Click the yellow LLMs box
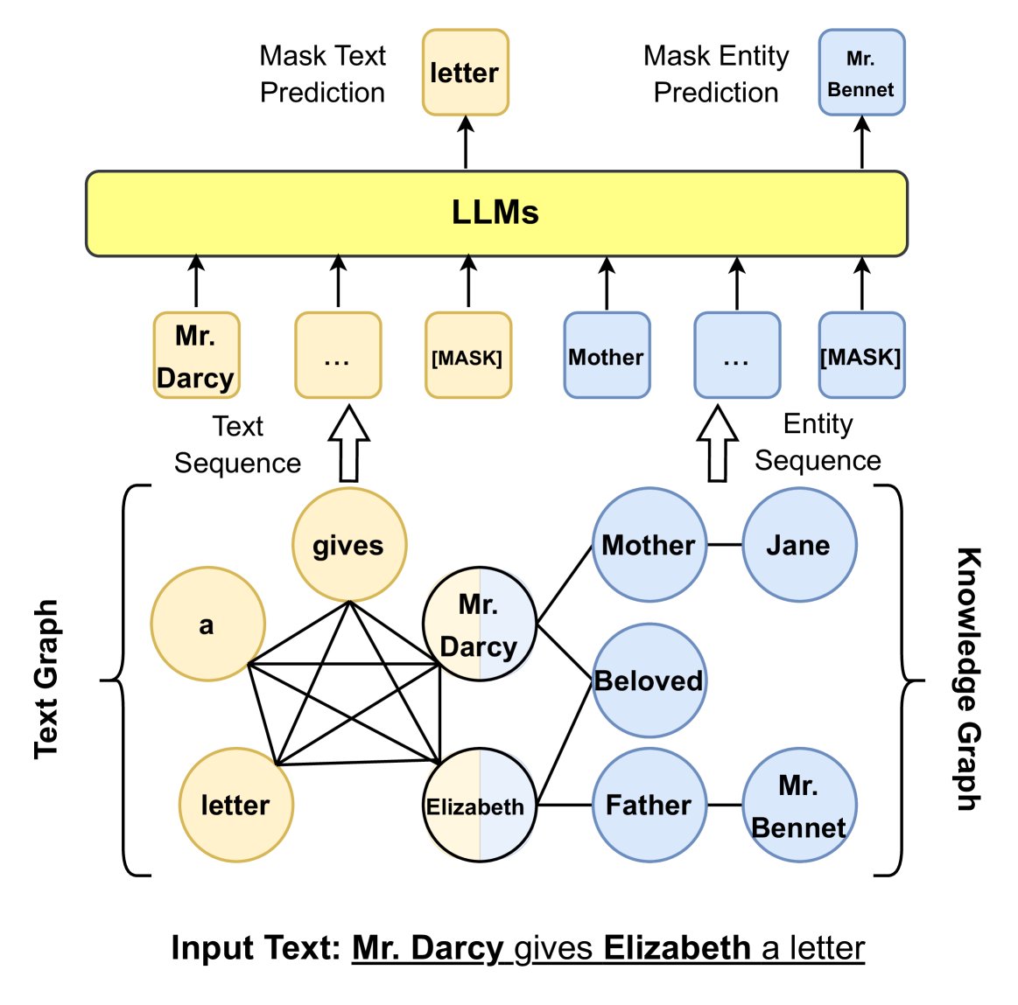[496, 213]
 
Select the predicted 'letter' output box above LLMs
[465, 73]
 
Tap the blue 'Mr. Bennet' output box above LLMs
[861, 73]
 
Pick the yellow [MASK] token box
[467, 356]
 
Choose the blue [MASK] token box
[861, 356]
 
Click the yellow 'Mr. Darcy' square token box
[196, 356]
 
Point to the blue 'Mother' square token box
[607, 356]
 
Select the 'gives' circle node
[348, 545]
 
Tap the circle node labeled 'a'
[207, 624]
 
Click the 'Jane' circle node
[798, 545]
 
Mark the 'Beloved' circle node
[649, 680]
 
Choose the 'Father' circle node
[649, 805]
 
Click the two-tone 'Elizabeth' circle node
[479, 805]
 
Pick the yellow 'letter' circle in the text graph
[235, 805]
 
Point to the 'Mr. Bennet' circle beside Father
[798, 805]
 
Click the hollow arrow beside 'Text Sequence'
[348, 443]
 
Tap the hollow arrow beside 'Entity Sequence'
[717, 443]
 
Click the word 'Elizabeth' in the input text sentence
[677, 948]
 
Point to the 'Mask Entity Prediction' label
[716, 74]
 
